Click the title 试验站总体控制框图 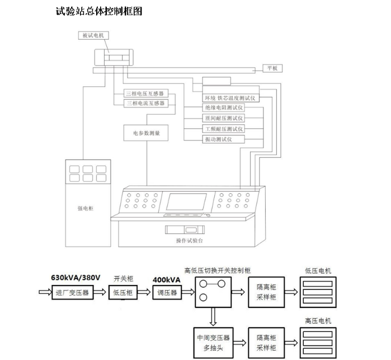point(99,11)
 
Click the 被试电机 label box point(93,35)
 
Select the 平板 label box point(272,68)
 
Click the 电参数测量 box point(146,133)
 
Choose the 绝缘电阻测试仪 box point(223,107)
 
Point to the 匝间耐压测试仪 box point(223,118)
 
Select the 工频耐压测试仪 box point(223,128)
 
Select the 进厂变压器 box point(71,292)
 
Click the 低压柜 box point(123,292)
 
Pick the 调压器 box point(167,292)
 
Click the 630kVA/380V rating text point(76,278)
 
